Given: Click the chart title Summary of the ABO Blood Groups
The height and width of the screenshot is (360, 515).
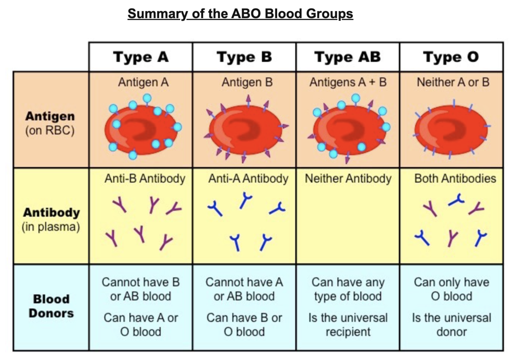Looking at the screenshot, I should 240,14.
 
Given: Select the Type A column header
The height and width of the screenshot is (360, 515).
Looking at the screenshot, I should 141,57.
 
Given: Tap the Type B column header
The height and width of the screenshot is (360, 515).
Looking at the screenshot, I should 244,57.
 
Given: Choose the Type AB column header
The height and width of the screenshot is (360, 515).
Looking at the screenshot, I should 347,57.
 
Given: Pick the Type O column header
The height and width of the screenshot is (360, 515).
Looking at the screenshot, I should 451,57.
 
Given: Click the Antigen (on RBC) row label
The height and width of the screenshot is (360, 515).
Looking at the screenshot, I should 50,123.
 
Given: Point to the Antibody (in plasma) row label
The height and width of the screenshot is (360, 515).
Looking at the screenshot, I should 51,219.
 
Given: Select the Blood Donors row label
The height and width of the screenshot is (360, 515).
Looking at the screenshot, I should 51,306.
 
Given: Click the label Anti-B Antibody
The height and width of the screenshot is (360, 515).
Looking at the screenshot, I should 145,178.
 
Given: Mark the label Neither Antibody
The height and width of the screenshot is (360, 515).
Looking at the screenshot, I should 348,178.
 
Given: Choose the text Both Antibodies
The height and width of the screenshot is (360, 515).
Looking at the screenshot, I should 455,178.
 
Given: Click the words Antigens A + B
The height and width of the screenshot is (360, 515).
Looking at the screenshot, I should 348,82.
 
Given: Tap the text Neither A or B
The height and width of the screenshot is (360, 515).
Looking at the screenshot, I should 453,82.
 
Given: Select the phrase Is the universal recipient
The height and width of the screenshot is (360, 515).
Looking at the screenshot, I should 348,324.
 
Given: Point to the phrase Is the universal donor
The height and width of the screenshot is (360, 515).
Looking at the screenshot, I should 451,324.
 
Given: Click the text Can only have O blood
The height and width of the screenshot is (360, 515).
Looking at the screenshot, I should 451,289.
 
